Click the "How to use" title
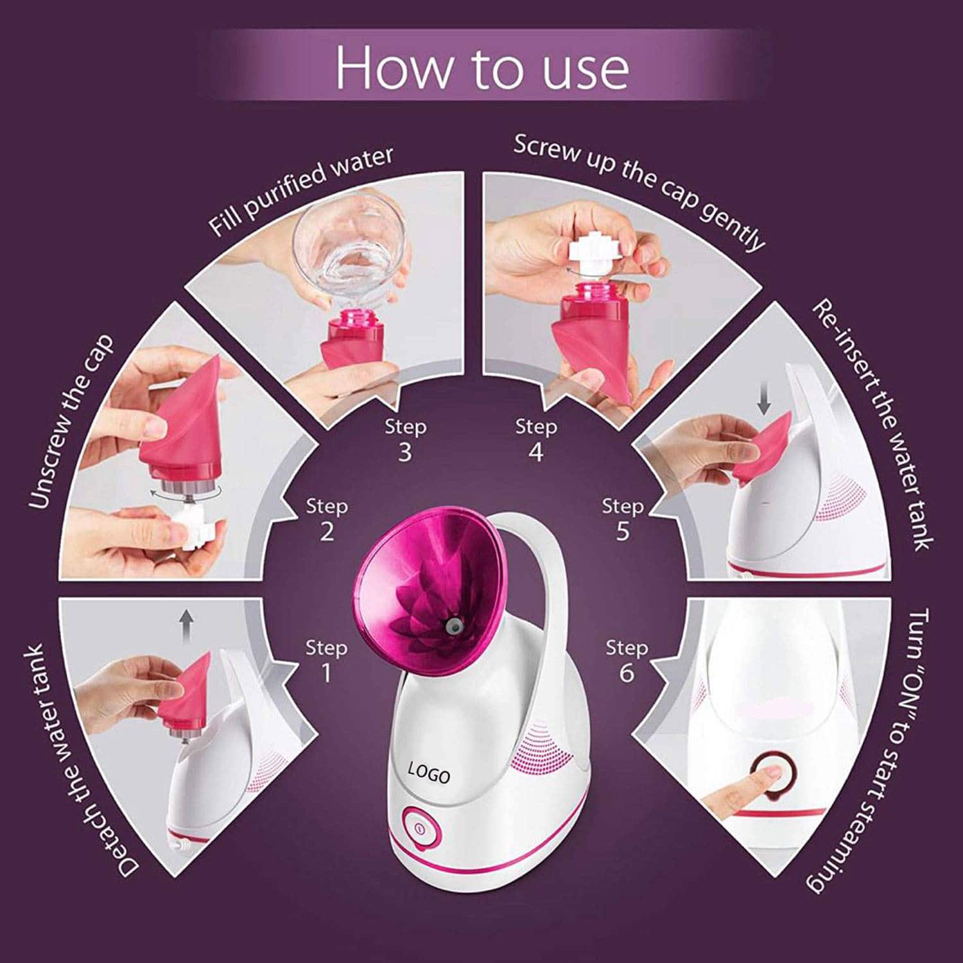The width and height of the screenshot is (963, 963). (482, 67)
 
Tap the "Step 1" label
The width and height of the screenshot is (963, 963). (326, 661)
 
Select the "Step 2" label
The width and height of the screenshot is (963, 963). (327, 519)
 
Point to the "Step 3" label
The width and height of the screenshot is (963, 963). (405, 440)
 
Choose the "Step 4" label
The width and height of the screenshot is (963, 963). (536, 440)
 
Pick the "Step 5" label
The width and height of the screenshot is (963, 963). (622, 519)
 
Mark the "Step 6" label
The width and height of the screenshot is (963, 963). (627, 661)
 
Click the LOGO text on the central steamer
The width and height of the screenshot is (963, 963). (429, 771)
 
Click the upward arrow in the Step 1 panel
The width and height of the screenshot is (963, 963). (186, 627)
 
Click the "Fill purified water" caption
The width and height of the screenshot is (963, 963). (301, 191)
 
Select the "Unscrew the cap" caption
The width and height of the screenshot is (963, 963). (71, 421)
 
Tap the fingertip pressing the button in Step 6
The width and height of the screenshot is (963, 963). (770, 773)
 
